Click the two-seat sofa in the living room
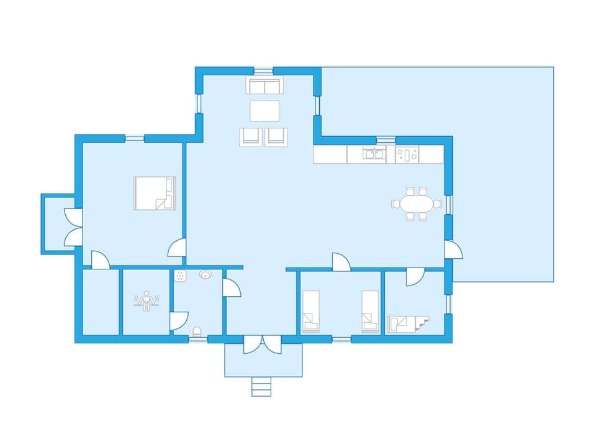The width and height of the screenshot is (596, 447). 263,85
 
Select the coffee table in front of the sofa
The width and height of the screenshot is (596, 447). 265,111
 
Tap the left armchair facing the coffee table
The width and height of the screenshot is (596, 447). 251,137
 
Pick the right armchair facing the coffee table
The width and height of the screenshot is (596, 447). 277,137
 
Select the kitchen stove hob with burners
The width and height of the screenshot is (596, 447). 407,154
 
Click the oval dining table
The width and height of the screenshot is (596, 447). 416,204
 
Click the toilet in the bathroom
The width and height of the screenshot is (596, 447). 197,332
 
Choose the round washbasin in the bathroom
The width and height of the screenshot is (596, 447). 205,274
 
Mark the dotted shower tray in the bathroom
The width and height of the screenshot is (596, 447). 181,277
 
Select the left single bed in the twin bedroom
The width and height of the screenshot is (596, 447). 310,312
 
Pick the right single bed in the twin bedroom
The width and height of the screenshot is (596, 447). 371,312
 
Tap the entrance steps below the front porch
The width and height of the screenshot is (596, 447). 261,387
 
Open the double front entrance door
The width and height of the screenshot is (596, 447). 263,343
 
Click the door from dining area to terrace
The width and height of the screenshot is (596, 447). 453,250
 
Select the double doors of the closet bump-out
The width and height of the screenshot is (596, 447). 73,227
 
